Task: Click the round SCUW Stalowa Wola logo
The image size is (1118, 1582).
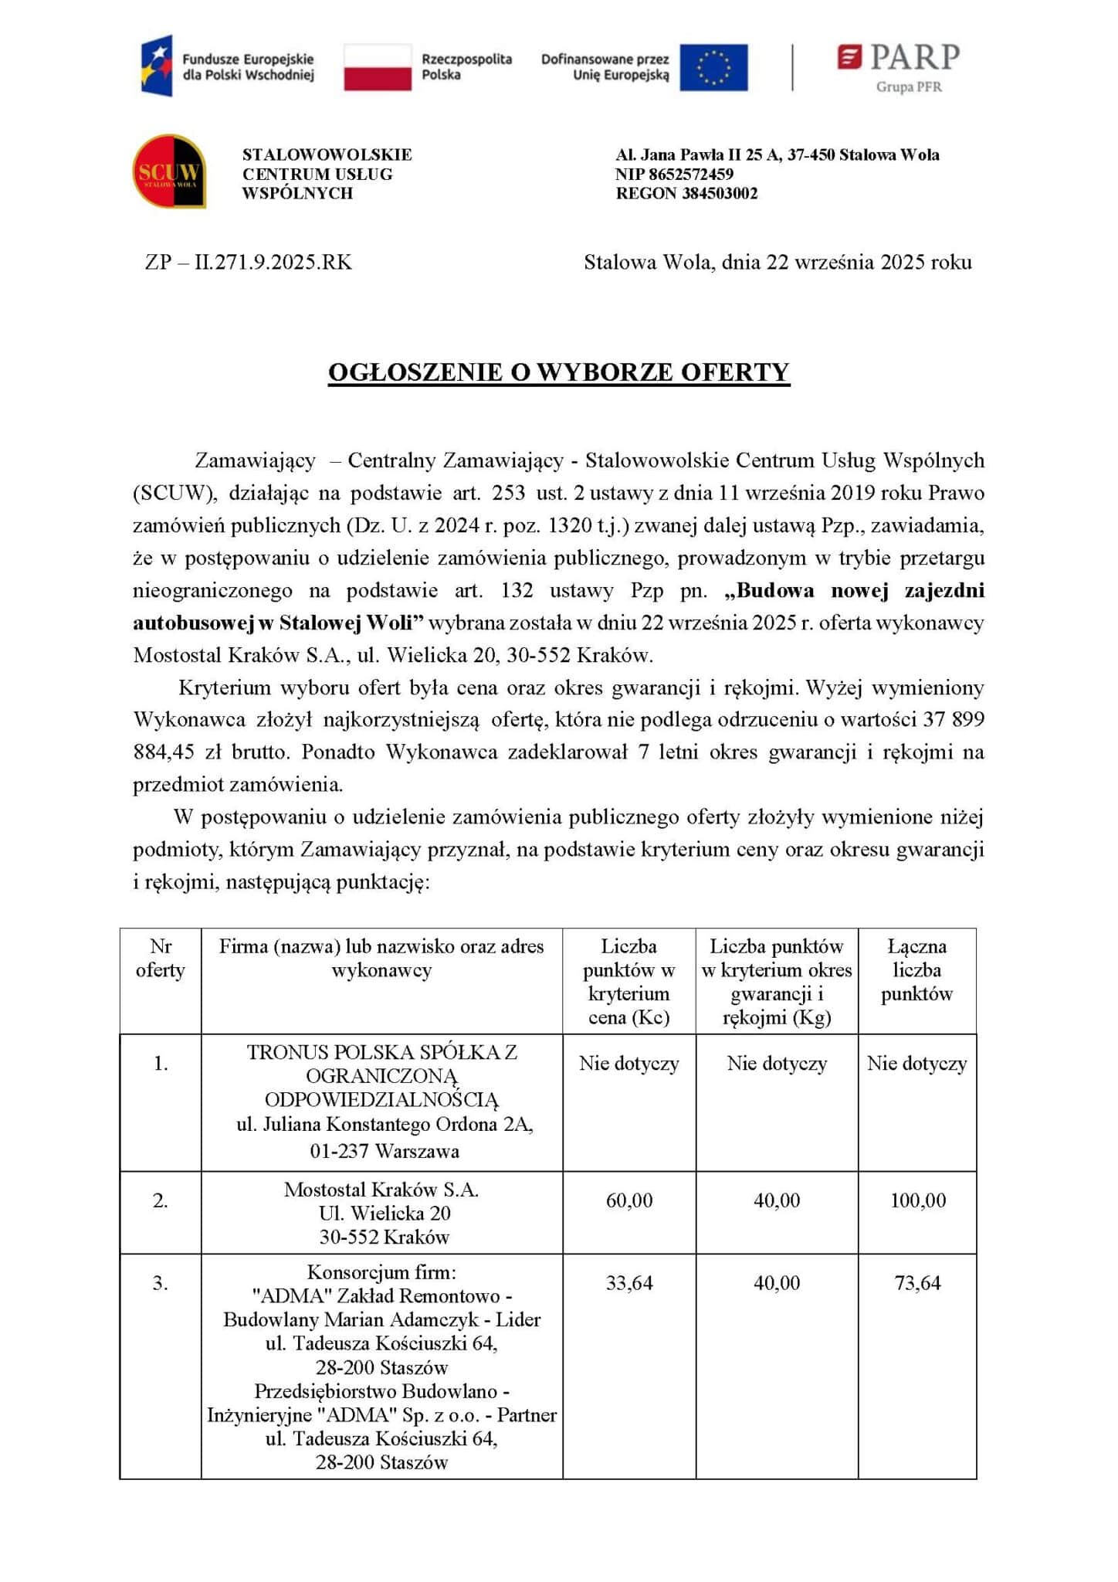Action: click(x=169, y=171)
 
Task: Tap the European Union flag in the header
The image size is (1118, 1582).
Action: click(x=713, y=67)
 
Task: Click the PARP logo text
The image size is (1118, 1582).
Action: click(x=915, y=57)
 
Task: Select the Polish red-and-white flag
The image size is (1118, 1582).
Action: click(x=377, y=67)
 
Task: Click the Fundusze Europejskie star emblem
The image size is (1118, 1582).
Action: click(x=157, y=66)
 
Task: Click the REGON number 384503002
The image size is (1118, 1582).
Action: click(x=720, y=193)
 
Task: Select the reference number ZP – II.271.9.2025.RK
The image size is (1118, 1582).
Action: click(x=249, y=263)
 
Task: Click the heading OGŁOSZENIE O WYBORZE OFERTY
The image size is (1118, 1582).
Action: click(x=558, y=372)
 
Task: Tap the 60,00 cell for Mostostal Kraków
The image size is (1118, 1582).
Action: click(x=629, y=1200)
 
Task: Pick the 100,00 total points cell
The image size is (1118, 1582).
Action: click(x=917, y=1200)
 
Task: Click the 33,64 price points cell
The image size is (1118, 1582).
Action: click(x=629, y=1283)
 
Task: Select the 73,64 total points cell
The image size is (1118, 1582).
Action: click(x=917, y=1283)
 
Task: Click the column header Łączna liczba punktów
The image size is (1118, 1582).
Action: click(x=917, y=970)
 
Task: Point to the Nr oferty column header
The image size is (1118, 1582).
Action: click(x=161, y=959)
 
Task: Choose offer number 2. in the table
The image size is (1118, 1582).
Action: click(x=161, y=1200)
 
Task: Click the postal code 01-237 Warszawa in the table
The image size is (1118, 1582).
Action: click(x=384, y=1151)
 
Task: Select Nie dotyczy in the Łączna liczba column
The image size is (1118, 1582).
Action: click(x=917, y=1064)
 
